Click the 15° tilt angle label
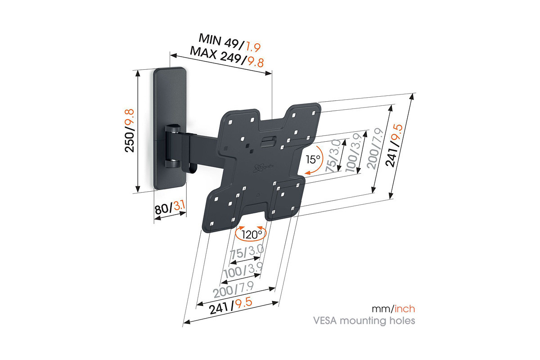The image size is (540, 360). (313, 159)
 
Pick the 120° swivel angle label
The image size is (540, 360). (251, 234)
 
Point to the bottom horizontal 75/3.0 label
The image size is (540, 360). (247, 253)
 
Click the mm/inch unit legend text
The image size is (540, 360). (393, 309)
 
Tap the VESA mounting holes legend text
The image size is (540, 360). (364, 321)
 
